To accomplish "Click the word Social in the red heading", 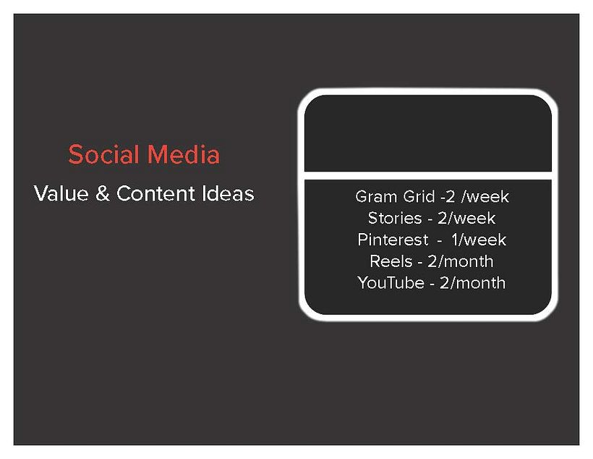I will (x=104, y=154).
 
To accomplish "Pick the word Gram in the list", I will (x=373, y=196).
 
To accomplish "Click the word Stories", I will (x=394, y=218).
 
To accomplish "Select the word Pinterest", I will (x=393, y=240).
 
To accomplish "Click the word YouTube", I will (x=391, y=283).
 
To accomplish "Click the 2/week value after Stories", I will (x=466, y=218).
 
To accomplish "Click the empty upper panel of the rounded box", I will (x=427, y=134).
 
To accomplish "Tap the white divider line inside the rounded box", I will (x=427, y=176).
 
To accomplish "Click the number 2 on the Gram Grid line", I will (x=451, y=196).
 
